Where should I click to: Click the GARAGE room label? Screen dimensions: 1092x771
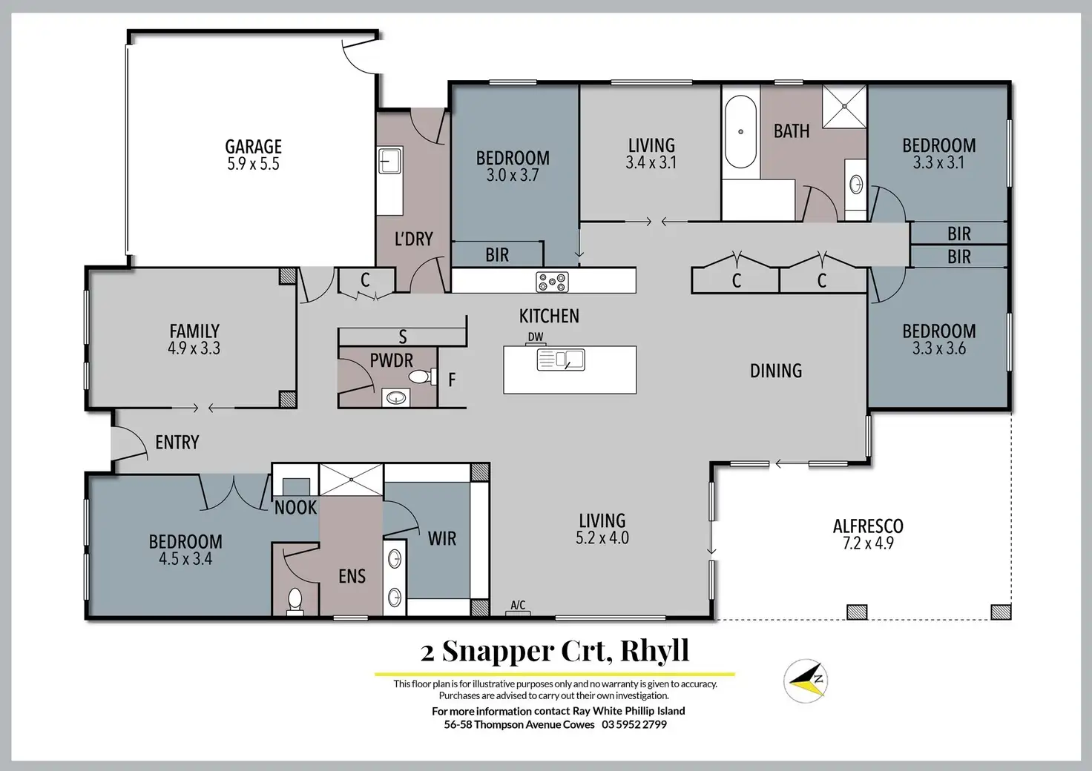[253, 147]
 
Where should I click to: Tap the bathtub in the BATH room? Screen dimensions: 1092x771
[740, 132]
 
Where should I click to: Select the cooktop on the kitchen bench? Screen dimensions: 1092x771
[553, 282]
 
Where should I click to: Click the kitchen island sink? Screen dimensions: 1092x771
[561, 360]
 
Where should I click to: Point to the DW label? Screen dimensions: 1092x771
[536, 337]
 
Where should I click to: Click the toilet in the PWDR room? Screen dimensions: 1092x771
[421, 377]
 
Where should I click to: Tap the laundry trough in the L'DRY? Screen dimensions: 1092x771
[389, 160]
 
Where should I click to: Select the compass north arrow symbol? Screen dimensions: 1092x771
[806, 678]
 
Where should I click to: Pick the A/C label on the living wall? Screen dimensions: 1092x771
[518, 606]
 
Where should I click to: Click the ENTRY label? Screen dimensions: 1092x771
[177, 443]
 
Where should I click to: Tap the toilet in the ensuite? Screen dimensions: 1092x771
[295, 599]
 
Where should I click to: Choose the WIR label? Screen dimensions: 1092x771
[442, 539]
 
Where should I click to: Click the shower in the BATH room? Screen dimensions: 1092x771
[845, 105]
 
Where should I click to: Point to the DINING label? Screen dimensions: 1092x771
[776, 371]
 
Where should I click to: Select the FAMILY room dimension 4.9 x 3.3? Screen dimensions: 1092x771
[194, 348]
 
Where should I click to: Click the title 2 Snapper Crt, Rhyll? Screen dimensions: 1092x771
[554, 651]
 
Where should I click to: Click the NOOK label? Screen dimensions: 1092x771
[295, 509]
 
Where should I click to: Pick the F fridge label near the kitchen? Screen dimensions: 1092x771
[452, 380]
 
